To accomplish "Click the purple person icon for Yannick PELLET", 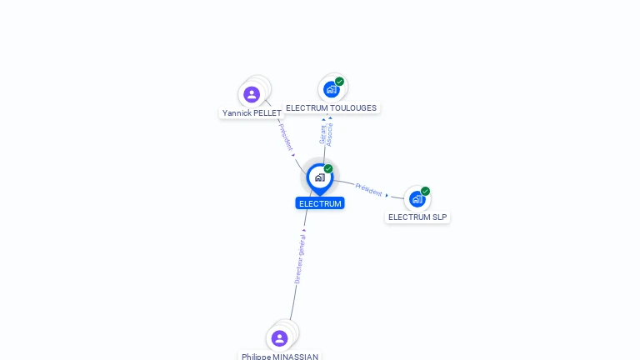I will (252, 94).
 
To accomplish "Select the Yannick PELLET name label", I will (252, 112).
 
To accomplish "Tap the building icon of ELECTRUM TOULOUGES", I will (331, 89).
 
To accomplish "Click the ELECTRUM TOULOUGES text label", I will (331, 107).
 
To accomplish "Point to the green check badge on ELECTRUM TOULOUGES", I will (340, 82).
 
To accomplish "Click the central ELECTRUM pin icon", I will (319, 177).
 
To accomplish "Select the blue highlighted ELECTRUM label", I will (320, 203).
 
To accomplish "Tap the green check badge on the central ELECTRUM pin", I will (328, 169).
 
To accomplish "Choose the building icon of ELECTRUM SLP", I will (417, 199).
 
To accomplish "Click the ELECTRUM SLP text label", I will (417, 217).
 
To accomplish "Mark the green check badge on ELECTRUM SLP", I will (426, 191).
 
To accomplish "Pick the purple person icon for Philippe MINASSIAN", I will (279, 338).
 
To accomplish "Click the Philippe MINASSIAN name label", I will (280, 356).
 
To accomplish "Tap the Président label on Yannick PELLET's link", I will (286, 136).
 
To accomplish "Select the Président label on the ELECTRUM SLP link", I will (368, 188).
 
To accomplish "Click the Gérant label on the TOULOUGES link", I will (322, 134).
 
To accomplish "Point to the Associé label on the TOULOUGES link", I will (330, 134).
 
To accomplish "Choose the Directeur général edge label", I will (300, 259).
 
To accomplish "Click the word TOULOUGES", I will (352, 107).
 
